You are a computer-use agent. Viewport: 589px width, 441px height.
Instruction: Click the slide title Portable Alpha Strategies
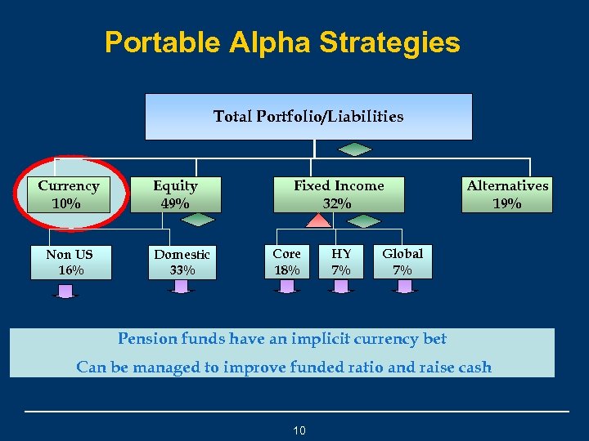(x=282, y=42)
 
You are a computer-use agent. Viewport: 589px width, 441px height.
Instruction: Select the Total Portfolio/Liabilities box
(x=308, y=116)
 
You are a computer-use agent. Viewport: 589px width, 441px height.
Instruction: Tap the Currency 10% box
(x=69, y=194)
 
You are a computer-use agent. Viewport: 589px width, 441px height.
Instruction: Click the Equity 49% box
(x=175, y=194)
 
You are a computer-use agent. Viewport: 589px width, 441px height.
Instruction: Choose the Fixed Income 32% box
(x=338, y=194)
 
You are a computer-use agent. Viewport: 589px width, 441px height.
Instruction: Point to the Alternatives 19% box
(x=507, y=194)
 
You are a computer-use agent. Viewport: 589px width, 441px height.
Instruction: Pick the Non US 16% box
(x=70, y=262)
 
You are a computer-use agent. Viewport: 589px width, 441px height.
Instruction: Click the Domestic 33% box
(x=182, y=262)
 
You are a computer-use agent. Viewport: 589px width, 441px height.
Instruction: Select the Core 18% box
(x=286, y=261)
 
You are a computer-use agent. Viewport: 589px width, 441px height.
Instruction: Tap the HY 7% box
(x=341, y=261)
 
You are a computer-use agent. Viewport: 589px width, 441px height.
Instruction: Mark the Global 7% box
(x=402, y=261)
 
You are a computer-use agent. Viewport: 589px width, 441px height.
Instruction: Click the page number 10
(x=299, y=430)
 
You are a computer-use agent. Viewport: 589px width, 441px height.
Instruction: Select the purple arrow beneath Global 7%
(x=403, y=286)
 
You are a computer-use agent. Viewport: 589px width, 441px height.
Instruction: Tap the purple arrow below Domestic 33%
(x=182, y=287)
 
